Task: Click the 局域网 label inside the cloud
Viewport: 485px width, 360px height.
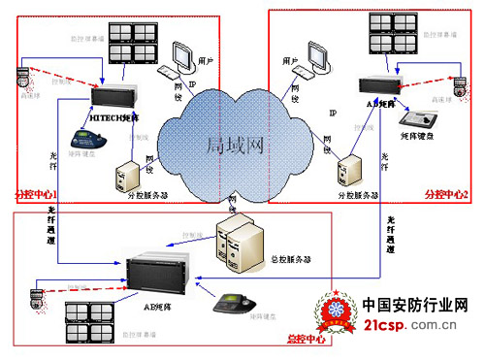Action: click(x=234, y=145)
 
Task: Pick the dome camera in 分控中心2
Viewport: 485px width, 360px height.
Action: click(x=462, y=83)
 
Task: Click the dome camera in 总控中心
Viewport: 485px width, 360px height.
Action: click(x=36, y=294)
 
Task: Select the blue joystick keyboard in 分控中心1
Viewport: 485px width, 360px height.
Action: click(x=73, y=134)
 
